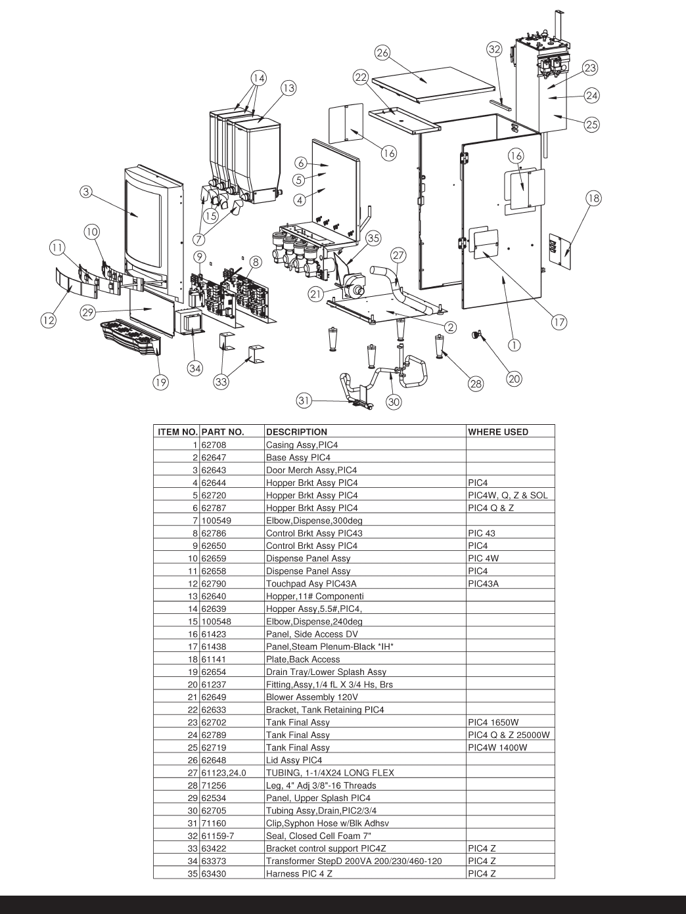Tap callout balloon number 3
86,192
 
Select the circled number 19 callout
160,382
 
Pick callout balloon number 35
373,238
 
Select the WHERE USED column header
497,432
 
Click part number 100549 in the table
216,521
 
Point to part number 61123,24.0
223,773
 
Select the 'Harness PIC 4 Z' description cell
297,874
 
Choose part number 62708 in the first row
212,445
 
